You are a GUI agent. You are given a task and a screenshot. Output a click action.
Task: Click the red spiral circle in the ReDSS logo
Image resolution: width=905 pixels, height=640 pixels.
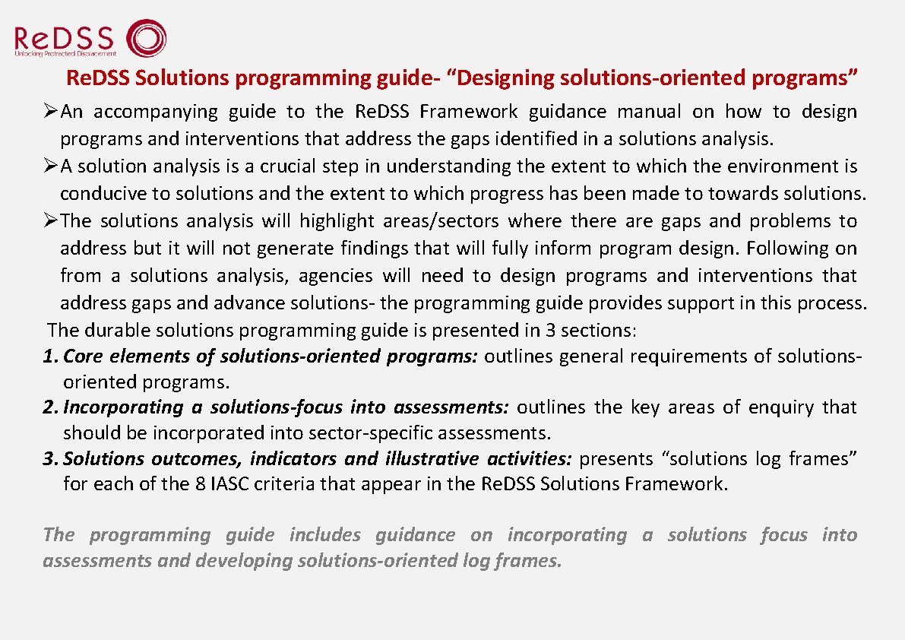point(145,39)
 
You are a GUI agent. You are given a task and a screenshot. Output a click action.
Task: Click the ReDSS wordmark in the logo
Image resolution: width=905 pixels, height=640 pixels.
point(64,38)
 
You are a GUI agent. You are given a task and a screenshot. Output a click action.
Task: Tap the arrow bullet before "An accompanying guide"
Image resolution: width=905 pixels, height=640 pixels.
point(50,112)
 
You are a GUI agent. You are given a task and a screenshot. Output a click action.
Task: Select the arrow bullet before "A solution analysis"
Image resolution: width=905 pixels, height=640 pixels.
point(50,166)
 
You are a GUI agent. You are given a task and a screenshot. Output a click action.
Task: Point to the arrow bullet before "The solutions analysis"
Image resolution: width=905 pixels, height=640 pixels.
point(50,221)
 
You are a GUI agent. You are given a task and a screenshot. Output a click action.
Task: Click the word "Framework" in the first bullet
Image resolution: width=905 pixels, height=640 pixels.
point(468,112)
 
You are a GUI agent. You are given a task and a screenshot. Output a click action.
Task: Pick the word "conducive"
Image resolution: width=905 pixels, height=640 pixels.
point(97,194)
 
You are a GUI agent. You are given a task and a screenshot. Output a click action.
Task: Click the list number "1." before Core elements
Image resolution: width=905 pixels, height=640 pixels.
point(50,356)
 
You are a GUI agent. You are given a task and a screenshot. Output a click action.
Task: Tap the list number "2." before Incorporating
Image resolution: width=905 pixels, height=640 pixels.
point(50,407)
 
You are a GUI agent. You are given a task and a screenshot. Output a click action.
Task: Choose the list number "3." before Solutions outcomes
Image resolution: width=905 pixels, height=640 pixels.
point(50,459)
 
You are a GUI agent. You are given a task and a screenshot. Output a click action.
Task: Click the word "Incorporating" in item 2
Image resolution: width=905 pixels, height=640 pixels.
point(123,407)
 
